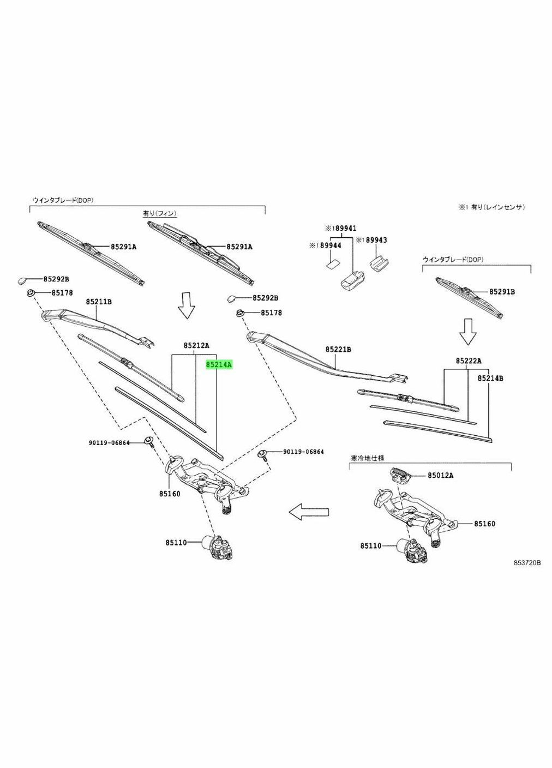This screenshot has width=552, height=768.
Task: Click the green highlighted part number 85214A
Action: [219, 364]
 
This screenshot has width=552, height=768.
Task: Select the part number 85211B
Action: [99, 301]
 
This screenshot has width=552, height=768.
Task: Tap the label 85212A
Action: [196, 345]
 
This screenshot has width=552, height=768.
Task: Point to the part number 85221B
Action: [339, 349]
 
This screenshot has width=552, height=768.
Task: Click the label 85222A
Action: [469, 361]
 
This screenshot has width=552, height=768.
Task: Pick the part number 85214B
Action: [490, 377]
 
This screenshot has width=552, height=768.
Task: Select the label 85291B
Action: [502, 292]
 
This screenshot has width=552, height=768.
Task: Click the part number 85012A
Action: [440, 475]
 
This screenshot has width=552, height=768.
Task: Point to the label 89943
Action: [376, 240]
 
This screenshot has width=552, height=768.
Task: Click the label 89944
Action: [330, 246]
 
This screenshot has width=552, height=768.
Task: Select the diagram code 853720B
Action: [526, 563]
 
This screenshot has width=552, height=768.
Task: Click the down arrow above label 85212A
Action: [187, 305]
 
